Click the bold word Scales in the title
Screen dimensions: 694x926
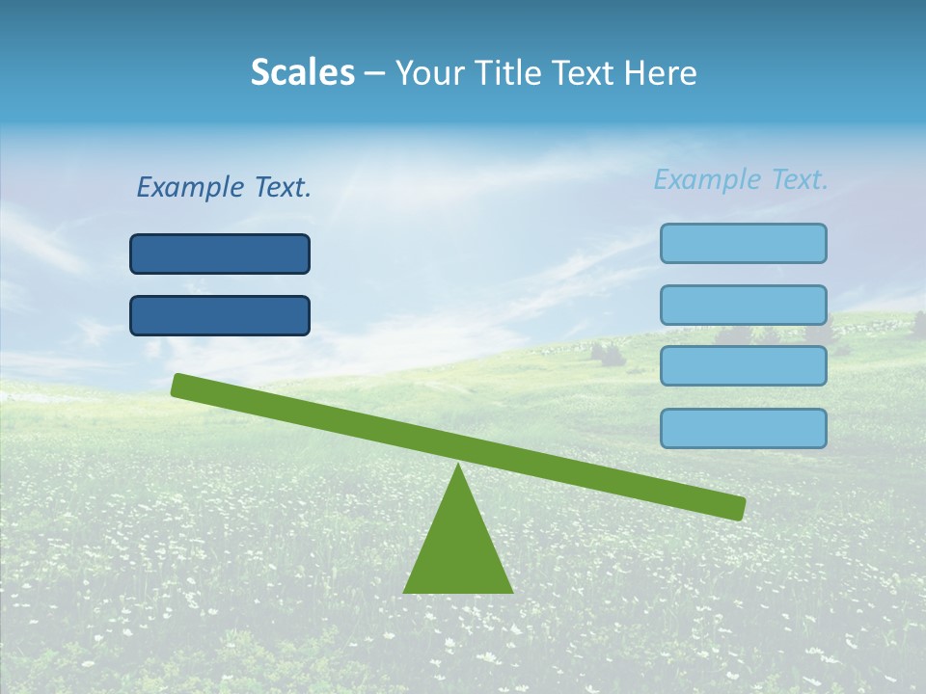pos(302,72)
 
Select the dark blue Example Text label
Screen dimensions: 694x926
pos(224,187)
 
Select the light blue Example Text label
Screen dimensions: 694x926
pos(741,179)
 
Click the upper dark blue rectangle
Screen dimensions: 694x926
pos(220,254)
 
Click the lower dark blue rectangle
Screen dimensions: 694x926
pos(220,315)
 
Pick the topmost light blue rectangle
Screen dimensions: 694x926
pos(743,243)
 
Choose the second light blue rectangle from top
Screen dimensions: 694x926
pos(743,305)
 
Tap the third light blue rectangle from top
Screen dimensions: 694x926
pos(743,365)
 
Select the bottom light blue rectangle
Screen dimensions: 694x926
pos(743,428)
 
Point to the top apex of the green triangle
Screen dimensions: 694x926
pos(458,467)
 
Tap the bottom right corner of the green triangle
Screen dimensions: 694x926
pos(510,590)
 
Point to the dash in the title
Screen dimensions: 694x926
pos(374,74)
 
